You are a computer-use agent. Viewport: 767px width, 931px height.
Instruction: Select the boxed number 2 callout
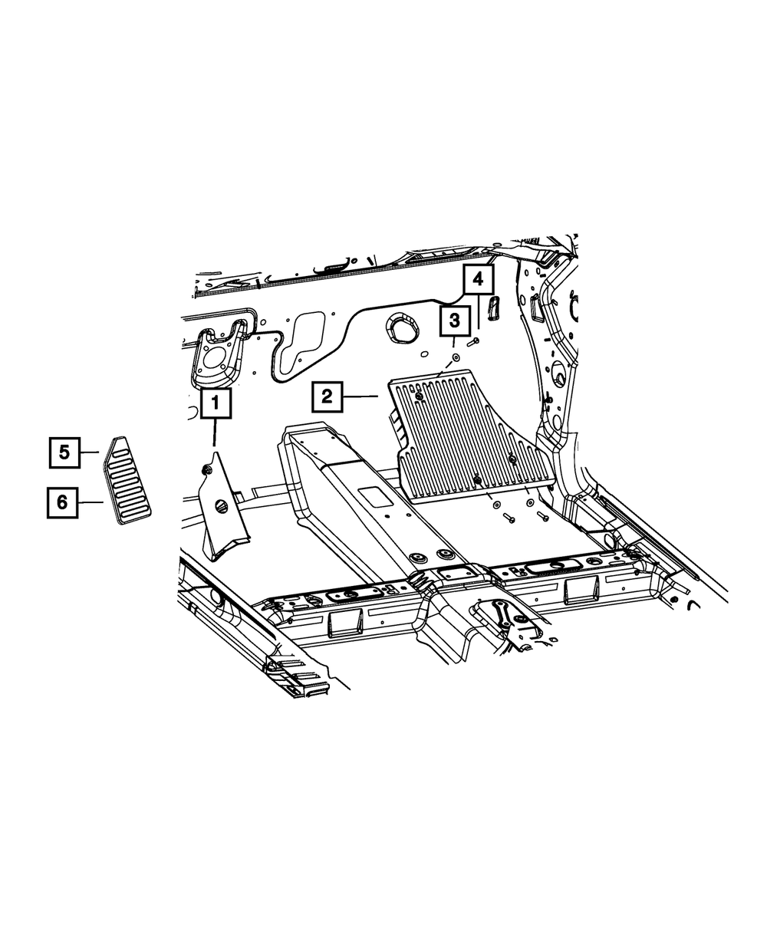[x=327, y=396]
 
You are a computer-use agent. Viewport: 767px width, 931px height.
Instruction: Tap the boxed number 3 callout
[x=454, y=321]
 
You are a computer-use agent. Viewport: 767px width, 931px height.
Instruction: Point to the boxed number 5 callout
[x=64, y=452]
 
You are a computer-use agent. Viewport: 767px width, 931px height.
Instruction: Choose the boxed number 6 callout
[x=62, y=502]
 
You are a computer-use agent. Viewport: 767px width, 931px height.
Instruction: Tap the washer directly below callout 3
[x=453, y=357]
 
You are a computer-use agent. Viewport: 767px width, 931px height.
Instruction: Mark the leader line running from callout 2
[x=360, y=396]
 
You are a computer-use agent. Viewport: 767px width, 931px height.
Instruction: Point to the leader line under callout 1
[x=215, y=434]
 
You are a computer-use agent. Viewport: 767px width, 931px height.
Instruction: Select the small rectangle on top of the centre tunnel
[x=376, y=495]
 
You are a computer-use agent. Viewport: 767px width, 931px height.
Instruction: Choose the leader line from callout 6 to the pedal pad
[x=91, y=502]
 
